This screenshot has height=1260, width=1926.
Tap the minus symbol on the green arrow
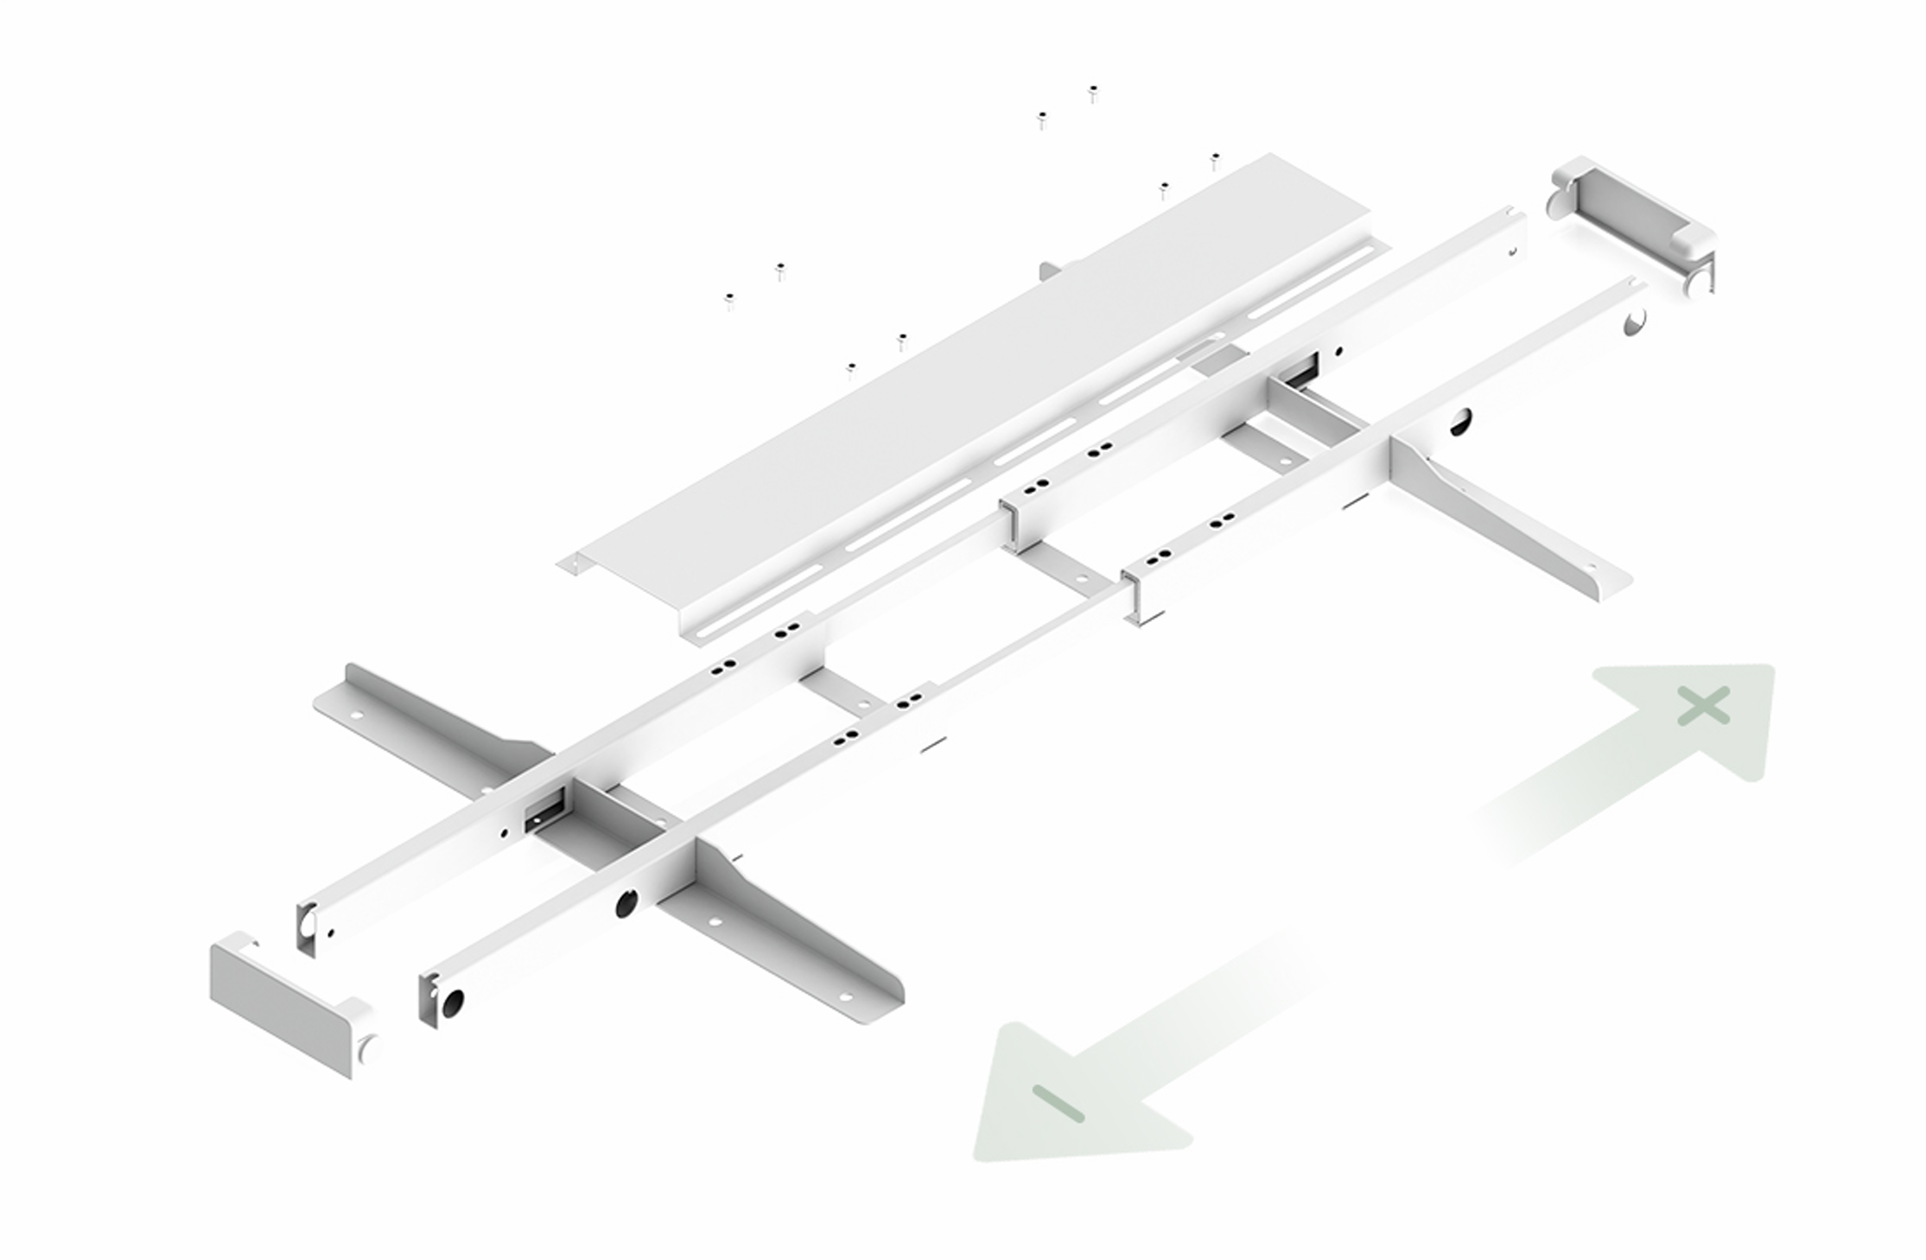[x=1058, y=1103]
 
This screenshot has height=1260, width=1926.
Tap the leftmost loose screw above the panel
[x=729, y=301]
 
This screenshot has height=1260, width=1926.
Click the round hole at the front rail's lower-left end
[x=452, y=1002]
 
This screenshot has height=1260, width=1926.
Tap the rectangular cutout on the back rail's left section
[x=544, y=813]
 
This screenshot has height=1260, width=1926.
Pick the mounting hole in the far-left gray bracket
[x=355, y=716]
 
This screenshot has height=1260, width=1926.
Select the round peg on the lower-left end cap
[x=369, y=1048]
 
